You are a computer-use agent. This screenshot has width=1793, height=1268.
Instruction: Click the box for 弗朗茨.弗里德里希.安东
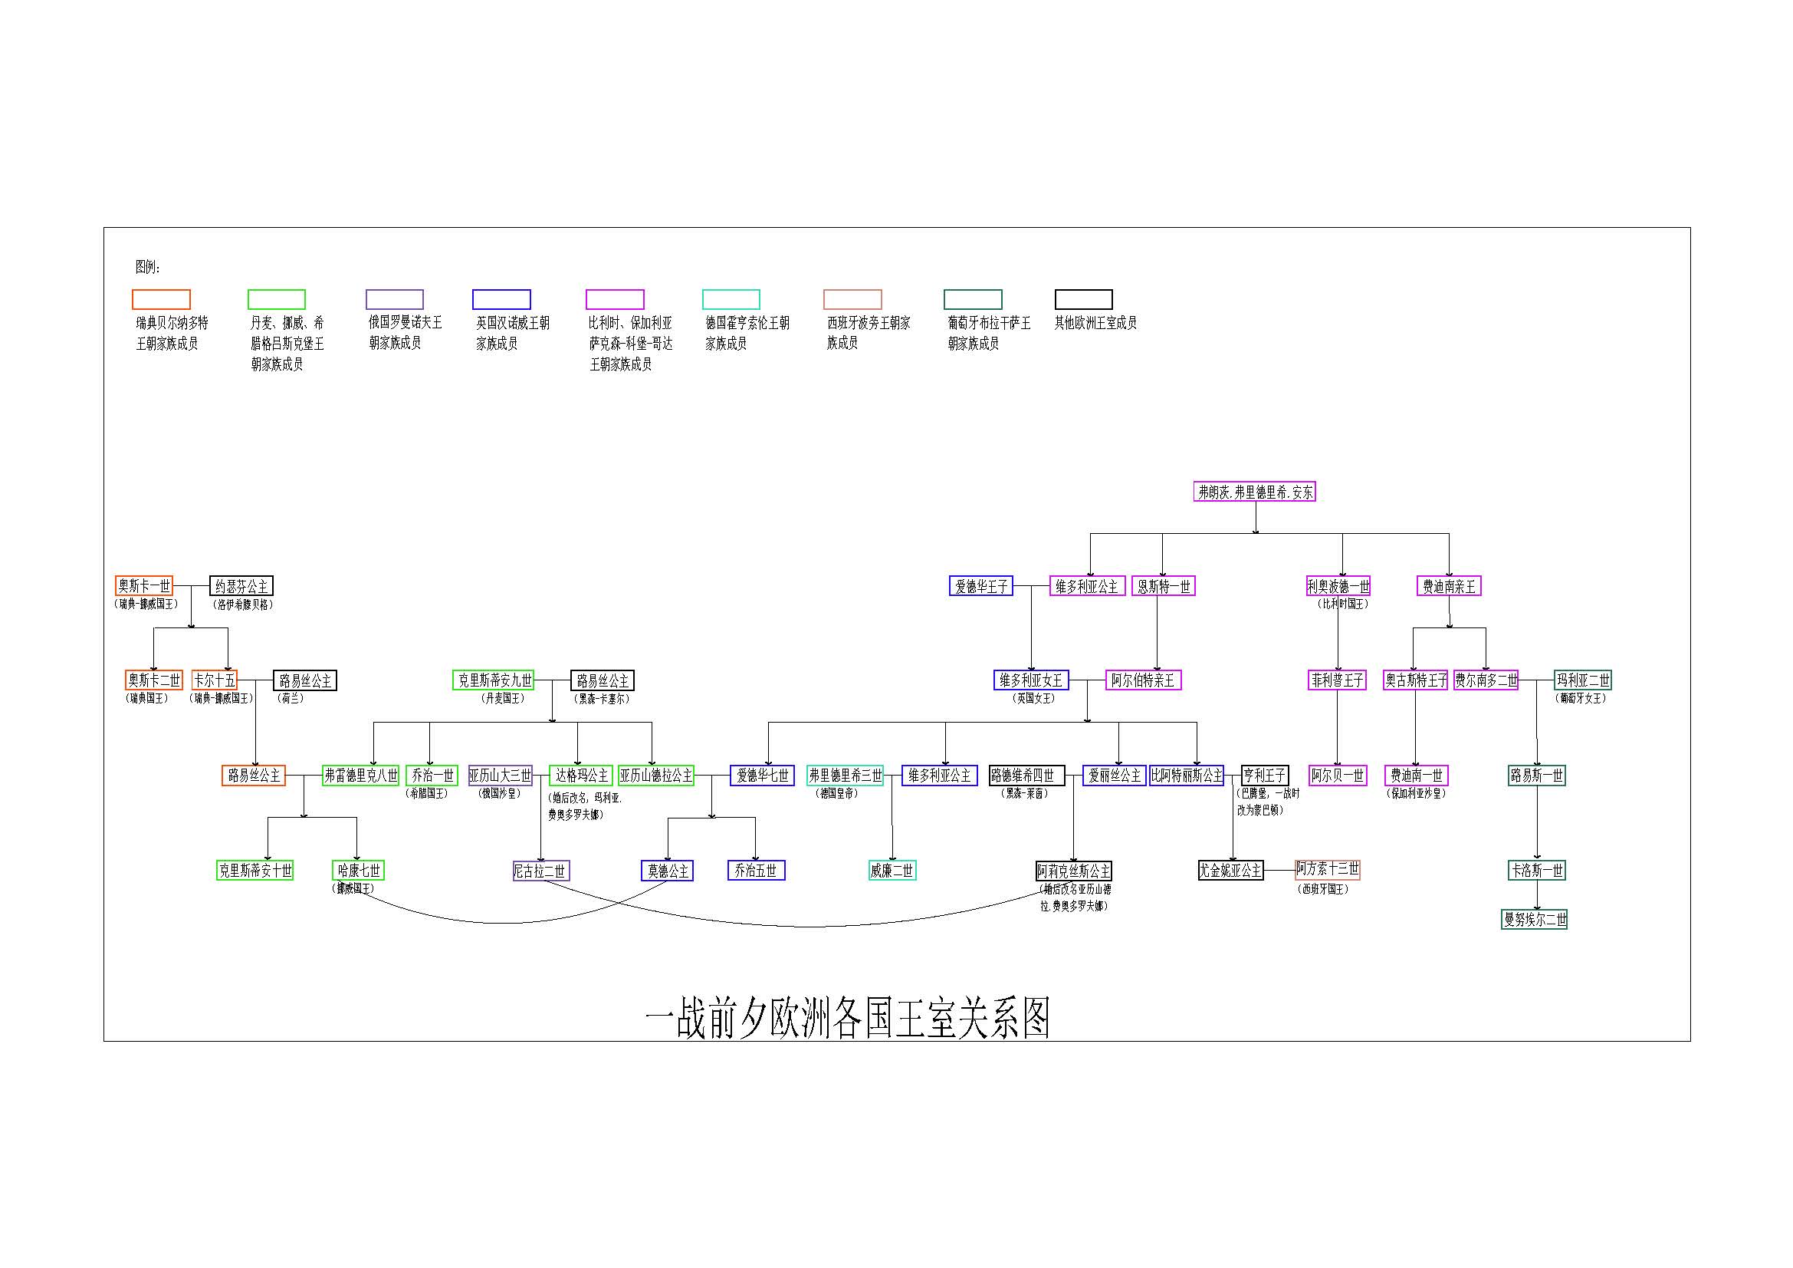pos(1255,492)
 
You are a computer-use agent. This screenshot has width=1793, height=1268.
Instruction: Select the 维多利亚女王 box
pos(1031,680)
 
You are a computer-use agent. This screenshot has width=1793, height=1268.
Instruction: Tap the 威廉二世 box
pos(892,871)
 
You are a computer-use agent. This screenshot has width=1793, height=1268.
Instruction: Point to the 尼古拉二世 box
pos(540,871)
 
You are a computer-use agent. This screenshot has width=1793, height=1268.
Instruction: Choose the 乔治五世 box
pos(756,871)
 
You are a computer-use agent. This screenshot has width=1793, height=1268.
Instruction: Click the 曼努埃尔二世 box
pos(1535,920)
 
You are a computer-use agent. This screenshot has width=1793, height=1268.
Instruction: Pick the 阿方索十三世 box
pos(1328,869)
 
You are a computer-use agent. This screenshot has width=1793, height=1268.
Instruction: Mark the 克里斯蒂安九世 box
pos(494,680)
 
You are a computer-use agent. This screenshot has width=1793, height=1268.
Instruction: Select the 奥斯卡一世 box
pos(143,585)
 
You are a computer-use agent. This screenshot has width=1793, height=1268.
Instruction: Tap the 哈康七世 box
pos(359,871)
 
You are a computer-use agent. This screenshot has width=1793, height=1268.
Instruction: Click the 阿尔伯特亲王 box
pos(1143,680)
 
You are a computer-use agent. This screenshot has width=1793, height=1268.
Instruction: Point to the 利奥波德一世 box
pos(1338,585)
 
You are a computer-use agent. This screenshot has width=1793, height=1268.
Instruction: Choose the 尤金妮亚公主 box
pos(1231,871)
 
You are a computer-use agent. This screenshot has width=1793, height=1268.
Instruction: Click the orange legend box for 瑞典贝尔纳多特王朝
pos(161,299)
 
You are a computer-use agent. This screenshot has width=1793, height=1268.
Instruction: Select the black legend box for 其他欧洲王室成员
pos(1083,299)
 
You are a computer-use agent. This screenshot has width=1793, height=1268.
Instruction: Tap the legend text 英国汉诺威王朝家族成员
pos(512,333)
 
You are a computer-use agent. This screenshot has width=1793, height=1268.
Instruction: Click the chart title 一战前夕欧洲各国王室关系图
pos(847,1017)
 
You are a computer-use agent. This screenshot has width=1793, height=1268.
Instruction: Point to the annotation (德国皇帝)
pos(837,794)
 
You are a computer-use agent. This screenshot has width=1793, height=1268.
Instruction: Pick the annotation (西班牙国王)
pos(1323,889)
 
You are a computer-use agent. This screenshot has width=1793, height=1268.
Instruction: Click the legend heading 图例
pos(148,267)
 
